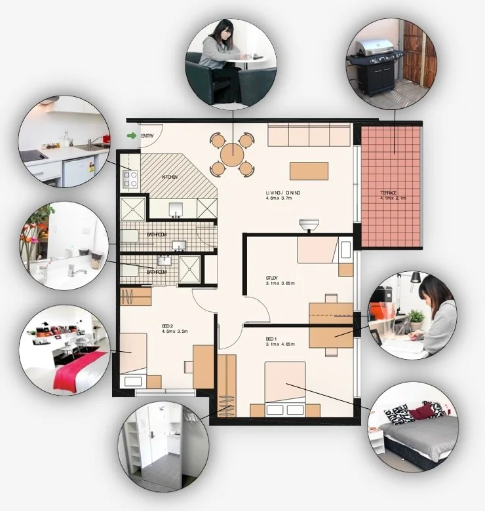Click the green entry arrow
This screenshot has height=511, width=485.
click(x=132, y=136)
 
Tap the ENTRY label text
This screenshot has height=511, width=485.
click(x=147, y=136)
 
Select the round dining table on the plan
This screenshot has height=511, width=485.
click(x=232, y=155)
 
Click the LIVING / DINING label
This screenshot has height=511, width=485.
click(x=283, y=193)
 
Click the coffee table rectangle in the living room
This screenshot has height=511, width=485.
click(x=309, y=170)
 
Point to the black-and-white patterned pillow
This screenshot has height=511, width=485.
click(x=400, y=414)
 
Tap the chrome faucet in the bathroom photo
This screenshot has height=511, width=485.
click(x=77, y=271)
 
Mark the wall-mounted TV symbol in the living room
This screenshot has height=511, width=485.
click(x=308, y=225)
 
